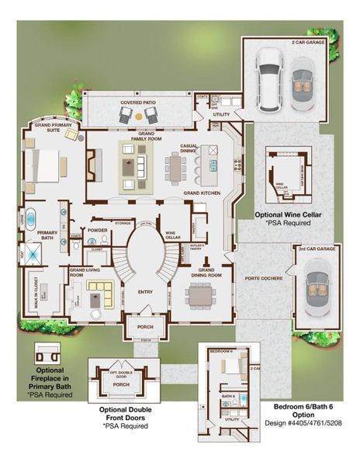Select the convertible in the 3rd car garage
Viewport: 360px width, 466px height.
tap(316, 288)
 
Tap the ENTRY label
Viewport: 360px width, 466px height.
tap(145, 292)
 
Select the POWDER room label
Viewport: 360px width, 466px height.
tap(98, 231)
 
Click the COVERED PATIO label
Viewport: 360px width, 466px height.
tap(138, 103)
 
